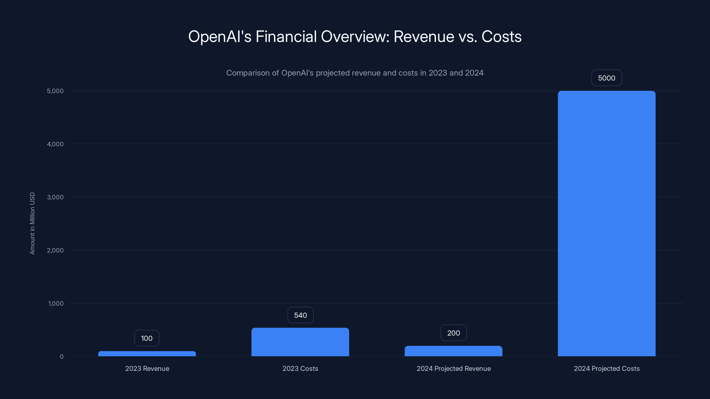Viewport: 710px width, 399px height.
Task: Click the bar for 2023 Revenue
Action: tap(147, 354)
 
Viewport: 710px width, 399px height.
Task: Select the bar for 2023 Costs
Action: tap(300, 342)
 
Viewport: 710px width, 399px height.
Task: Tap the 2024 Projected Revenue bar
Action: tap(453, 351)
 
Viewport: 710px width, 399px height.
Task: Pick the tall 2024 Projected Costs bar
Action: tap(607, 223)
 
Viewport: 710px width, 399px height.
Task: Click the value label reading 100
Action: tap(147, 338)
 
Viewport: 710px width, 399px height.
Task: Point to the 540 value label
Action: tap(300, 315)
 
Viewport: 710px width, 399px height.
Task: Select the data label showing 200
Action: tap(453, 333)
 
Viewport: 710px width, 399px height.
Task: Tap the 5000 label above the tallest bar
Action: tap(607, 78)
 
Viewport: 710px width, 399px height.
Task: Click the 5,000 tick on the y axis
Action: tap(55, 91)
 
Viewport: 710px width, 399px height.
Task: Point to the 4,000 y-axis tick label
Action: tap(55, 144)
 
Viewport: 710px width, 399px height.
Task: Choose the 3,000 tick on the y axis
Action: tap(55, 197)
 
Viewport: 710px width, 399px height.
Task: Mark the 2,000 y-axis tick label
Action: tap(55, 250)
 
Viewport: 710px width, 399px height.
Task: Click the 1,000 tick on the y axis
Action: tap(56, 303)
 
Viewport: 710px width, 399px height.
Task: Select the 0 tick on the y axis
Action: tap(61, 357)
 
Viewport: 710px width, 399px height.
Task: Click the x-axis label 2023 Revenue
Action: tap(147, 368)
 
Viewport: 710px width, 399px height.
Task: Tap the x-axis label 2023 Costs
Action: tap(300, 368)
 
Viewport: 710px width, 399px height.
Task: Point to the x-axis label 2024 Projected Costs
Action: tap(607, 368)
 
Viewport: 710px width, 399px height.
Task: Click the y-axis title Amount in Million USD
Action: tap(32, 223)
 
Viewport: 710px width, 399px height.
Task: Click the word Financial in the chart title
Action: tap(286, 37)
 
